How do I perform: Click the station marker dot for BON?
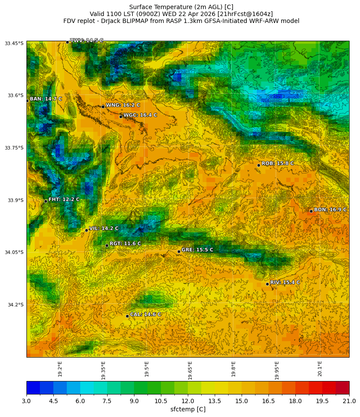coord(311,211)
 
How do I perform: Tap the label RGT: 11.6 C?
coord(125,244)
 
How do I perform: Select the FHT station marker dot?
coord(46,201)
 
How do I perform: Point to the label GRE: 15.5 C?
coord(197,250)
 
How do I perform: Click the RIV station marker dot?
coord(267,284)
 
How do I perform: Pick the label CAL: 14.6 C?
coord(146,314)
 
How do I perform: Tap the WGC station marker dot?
coord(121,117)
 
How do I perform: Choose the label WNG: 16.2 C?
coord(123,105)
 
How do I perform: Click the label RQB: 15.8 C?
coord(278,163)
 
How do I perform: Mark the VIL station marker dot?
coord(86,230)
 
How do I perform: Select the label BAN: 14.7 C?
coord(46,99)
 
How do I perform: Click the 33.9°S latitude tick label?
coord(14,200)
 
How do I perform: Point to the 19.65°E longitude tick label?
coord(190,370)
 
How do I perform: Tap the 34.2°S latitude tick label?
coord(14,305)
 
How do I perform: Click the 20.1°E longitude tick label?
coord(320,368)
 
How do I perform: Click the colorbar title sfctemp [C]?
coord(188,409)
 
